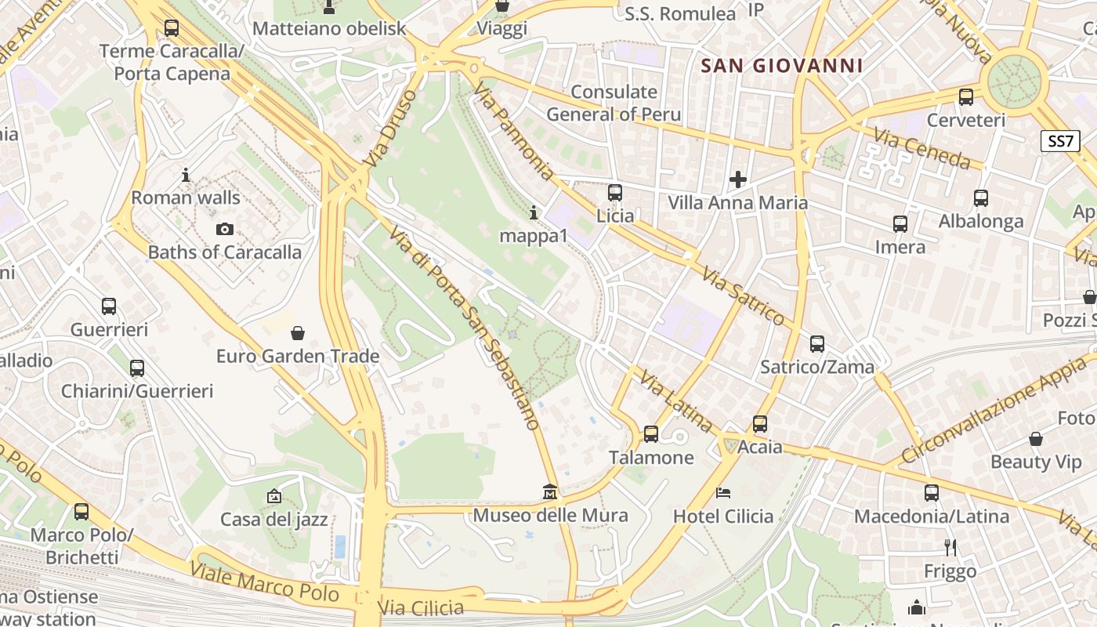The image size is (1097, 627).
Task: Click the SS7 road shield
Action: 1061,141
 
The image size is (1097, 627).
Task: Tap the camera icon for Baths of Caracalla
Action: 225,229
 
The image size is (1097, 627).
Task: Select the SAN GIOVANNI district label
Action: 781,66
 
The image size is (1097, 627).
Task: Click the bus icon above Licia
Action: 615,192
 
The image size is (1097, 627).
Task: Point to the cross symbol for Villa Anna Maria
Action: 737,180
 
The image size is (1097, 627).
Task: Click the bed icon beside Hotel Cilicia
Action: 723,493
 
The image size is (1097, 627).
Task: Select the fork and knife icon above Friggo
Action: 950,547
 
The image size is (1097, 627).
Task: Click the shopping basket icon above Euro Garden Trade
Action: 298,333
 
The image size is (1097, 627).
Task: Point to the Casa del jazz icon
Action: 273,496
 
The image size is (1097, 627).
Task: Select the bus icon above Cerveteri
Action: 966,97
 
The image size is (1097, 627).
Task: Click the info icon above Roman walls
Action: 186,175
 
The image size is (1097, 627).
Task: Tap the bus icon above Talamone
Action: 651,433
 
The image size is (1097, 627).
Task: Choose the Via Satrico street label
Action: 743,295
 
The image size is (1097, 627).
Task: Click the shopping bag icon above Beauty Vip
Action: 1035,439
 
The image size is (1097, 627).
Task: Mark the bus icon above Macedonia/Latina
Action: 931,493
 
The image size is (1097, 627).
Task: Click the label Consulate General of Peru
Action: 614,103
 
